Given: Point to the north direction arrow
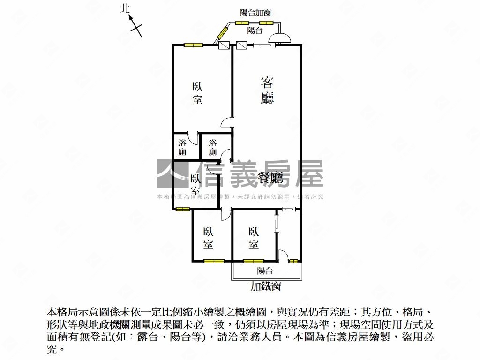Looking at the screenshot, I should [136, 25].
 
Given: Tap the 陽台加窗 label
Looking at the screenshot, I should [255, 13].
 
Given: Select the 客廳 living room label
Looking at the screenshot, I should [267, 90].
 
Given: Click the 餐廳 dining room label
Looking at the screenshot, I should [271, 177].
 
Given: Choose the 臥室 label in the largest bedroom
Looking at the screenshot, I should [197, 93].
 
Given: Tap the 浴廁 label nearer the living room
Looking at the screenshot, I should [213, 147].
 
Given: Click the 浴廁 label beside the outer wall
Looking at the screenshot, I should [182, 147].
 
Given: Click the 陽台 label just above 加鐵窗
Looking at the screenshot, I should [265, 271].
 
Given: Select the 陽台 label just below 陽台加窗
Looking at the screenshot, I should [255, 30].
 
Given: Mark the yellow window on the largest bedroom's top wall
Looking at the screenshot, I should [193, 45].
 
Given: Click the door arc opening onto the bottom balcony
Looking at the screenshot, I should [283, 255].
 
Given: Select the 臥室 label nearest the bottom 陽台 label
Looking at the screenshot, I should [254, 238].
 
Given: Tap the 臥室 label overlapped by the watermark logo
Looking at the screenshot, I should [196, 185].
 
